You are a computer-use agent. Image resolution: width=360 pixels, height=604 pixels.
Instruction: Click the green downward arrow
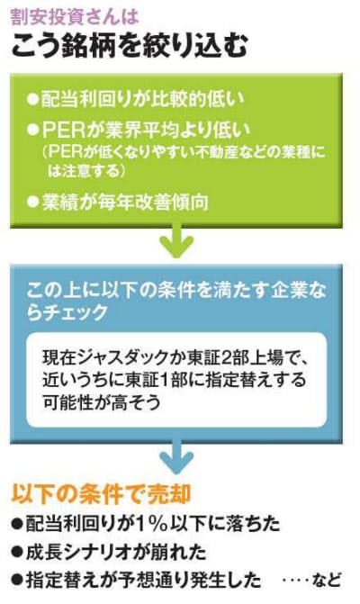click(176, 242)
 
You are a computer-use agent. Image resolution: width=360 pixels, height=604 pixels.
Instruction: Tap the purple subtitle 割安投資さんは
click(75, 17)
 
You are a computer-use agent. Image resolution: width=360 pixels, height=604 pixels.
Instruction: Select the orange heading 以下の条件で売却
click(102, 493)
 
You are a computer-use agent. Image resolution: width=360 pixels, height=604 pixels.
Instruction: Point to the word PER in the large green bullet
click(64, 131)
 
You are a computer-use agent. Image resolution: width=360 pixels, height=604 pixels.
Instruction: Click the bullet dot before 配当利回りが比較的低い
click(32, 99)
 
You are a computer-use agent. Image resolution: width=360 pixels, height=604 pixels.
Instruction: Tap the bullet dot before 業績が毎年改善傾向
click(32, 202)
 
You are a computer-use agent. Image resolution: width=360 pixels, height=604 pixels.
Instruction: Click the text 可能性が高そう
click(102, 402)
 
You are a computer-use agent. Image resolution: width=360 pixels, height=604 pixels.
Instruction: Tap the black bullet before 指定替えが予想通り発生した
click(17, 581)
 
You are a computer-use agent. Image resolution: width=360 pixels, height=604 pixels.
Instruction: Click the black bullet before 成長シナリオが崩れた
click(17, 553)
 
